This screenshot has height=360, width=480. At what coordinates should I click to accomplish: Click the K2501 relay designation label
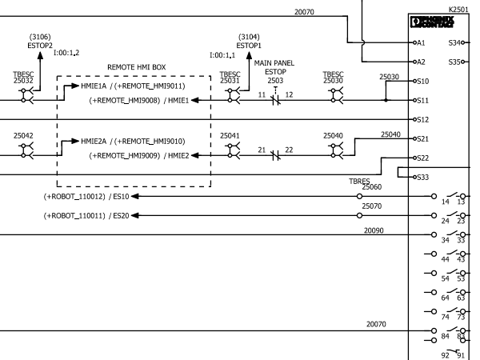tap(459, 9)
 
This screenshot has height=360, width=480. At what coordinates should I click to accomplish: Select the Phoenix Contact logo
tap(430, 21)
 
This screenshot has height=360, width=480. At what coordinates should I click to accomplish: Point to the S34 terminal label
tap(455, 42)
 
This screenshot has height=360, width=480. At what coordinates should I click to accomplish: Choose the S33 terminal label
tap(423, 177)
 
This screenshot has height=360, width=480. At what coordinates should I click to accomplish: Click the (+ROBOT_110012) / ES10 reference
tap(86, 196)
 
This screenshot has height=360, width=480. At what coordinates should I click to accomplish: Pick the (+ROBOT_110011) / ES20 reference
tap(86, 216)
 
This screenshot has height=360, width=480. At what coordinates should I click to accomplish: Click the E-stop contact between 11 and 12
tap(275, 101)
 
